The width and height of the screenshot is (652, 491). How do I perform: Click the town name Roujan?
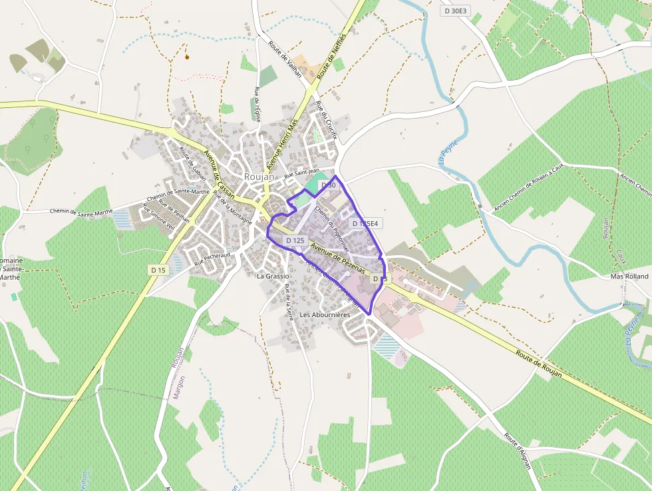coord(257,177)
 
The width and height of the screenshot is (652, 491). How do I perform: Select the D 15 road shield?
coord(158,270)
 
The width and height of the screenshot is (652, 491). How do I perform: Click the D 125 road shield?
coord(295,240)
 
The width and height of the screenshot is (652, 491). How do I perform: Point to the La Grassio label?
coord(273,276)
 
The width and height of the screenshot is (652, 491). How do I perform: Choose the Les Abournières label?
coord(325,314)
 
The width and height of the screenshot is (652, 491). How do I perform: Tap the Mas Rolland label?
coord(629,276)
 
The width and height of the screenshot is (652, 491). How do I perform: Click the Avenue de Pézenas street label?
coord(338,256)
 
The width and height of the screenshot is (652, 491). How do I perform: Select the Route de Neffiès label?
coord(332,56)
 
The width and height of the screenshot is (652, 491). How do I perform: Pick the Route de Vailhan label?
coord(285,61)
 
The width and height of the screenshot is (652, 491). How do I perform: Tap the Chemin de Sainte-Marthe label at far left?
coord(81,212)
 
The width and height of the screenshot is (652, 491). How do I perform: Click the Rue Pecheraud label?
coord(212,259)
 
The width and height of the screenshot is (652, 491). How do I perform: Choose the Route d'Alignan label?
coord(518,451)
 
